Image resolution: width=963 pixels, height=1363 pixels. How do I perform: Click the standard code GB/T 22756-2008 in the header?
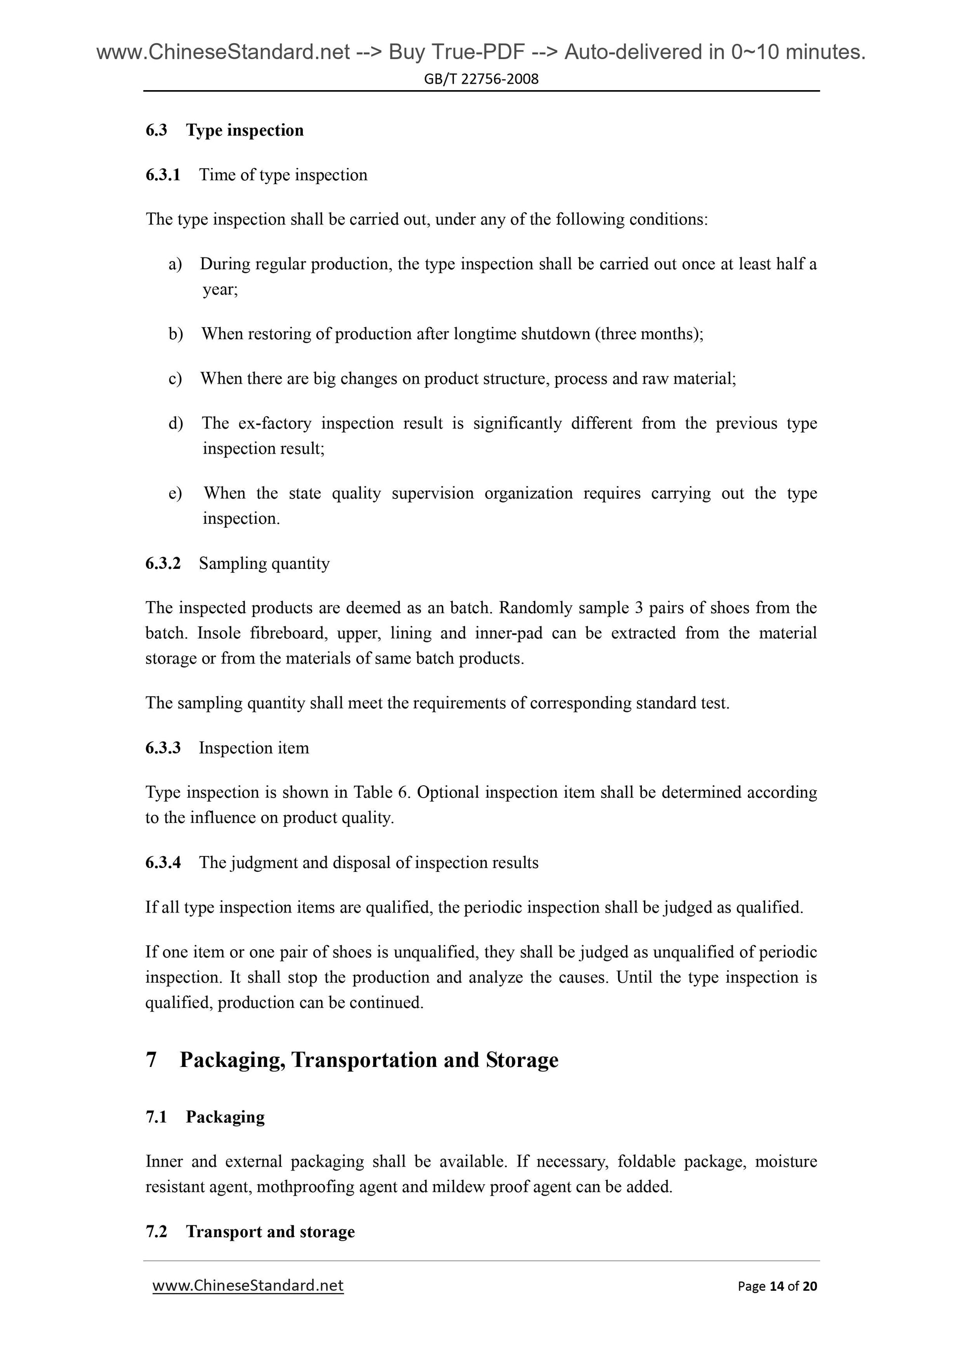coord(481,79)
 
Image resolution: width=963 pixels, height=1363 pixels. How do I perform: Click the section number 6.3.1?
coord(163,175)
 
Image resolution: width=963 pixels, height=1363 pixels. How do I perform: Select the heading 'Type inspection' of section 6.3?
coord(244,131)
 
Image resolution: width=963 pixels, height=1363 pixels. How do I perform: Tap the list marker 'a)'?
coord(175,264)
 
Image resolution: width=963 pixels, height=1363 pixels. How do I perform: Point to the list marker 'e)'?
coord(175,493)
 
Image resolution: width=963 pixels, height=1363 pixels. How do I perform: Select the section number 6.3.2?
coord(163,563)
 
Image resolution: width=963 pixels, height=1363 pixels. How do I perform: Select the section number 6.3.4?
coord(163,862)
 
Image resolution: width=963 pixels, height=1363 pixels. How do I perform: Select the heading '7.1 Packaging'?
coord(205,1117)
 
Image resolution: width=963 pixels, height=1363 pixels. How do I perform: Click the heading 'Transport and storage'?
coord(270,1232)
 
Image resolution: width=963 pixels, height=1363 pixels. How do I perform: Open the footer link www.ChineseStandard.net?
coord(248,1286)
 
